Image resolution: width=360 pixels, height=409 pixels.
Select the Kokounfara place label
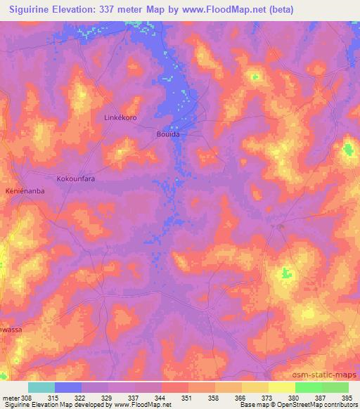[75, 179]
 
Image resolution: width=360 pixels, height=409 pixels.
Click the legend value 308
[27, 398]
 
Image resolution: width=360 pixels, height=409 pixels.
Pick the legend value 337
[134, 398]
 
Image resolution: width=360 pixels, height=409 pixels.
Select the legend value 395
[348, 398]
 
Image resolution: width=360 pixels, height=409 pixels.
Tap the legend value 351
[188, 398]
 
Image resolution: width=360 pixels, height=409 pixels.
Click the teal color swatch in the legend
[41, 387]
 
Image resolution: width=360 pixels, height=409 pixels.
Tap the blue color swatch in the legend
[68, 387]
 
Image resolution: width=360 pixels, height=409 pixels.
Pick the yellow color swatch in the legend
[255, 387]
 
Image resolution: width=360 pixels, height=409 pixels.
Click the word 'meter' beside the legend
[11, 398]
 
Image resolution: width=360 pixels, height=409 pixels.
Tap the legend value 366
[241, 398]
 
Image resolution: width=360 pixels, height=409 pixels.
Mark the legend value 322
[81, 398]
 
